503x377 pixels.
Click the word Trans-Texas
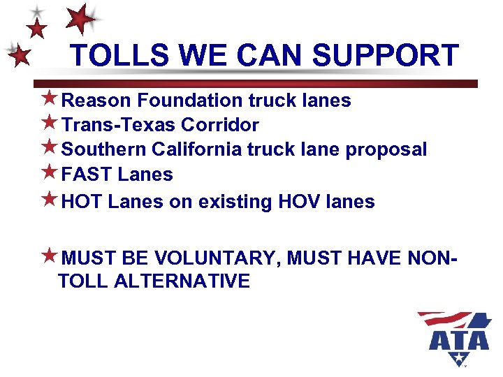coord(118,125)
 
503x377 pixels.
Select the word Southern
coord(104,149)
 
